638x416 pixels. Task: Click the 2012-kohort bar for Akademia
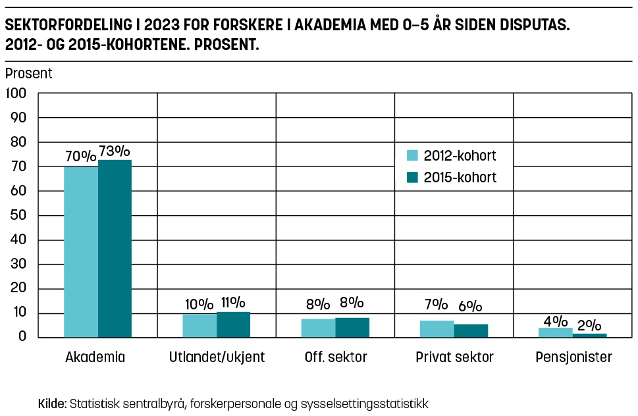[x=81, y=251]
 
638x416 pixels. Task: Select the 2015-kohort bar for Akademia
[x=115, y=248]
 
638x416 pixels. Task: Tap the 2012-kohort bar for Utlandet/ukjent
[x=199, y=325]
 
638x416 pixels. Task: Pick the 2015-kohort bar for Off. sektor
[x=352, y=327]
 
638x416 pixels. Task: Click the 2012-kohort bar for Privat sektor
[x=437, y=328]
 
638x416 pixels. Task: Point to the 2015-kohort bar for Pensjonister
[x=589, y=335]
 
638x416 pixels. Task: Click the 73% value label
[x=115, y=151]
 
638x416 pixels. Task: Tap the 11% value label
[x=232, y=303]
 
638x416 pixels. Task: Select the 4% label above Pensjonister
[x=556, y=321]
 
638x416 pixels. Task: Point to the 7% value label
[x=437, y=305]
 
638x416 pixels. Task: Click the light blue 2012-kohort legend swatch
[x=412, y=156]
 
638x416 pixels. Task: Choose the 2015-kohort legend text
[x=460, y=177]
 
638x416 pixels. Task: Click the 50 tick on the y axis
[x=18, y=215]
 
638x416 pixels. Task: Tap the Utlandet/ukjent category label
[x=217, y=357]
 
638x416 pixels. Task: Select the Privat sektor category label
[x=454, y=357]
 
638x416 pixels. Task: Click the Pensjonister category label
[x=573, y=357]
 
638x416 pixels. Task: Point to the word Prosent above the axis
[x=29, y=74]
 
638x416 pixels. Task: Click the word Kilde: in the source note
[x=53, y=403]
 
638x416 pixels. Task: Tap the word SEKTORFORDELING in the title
[x=63, y=28]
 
